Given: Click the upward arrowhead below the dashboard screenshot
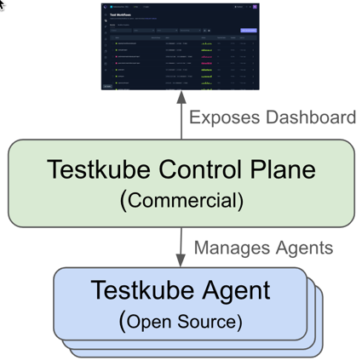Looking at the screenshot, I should (181, 98).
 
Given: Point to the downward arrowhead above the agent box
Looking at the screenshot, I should (181, 260).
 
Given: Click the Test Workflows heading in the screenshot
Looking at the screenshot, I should (124, 14).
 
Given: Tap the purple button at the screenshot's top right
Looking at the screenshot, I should (248, 31).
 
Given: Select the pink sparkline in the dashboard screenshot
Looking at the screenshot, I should (206, 63).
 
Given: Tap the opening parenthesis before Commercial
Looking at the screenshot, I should (124, 202).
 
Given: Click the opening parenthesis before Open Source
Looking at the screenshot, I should (124, 322).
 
